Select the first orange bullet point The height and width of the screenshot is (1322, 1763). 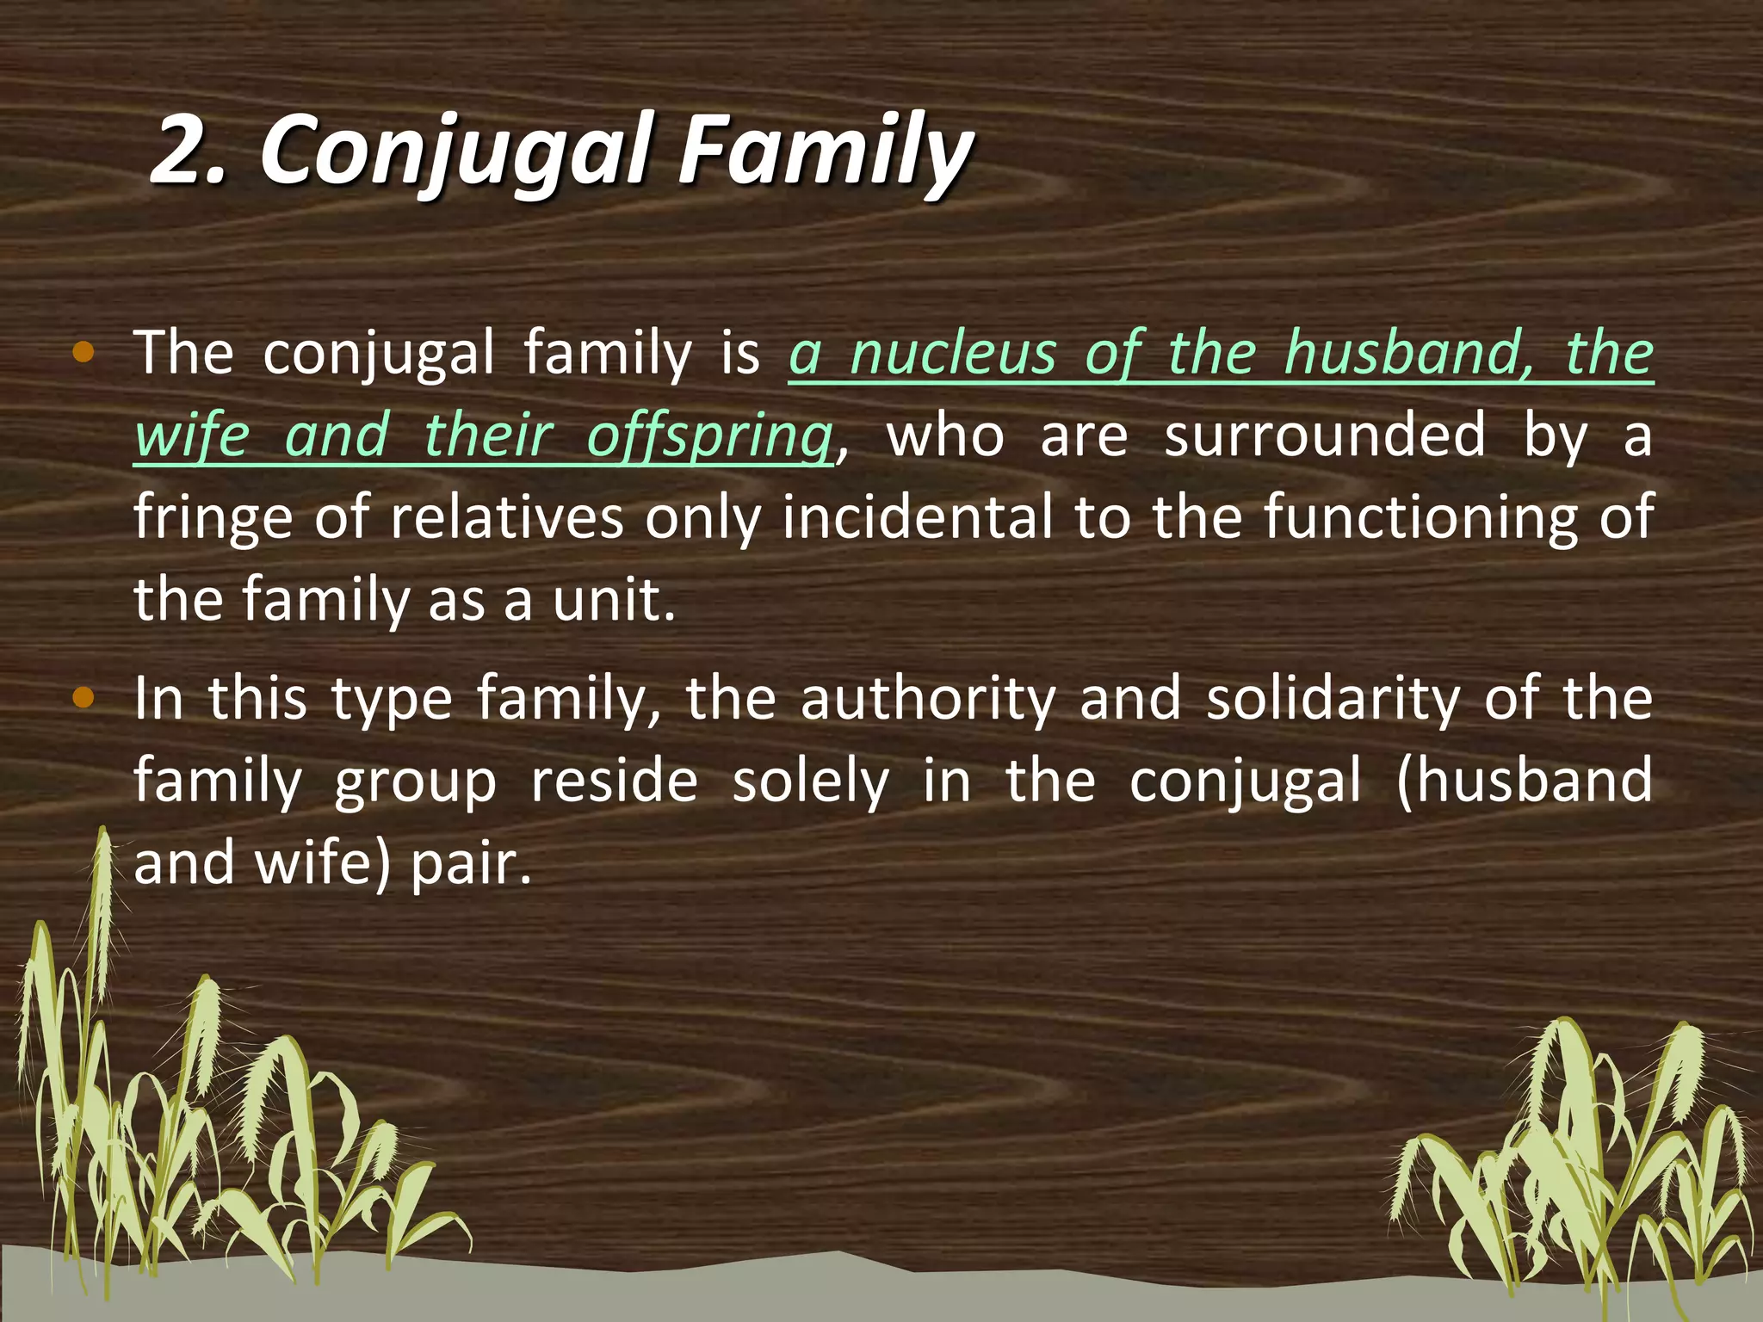(83, 352)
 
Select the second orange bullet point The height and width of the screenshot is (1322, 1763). (83, 698)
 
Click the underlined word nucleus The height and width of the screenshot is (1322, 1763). (952, 354)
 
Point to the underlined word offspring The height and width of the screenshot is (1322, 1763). (709, 436)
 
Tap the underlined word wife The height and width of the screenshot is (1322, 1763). (191, 436)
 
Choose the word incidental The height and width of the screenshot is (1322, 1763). (918, 517)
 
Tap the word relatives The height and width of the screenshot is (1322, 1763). (507, 517)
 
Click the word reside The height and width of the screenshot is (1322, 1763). (614, 781)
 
